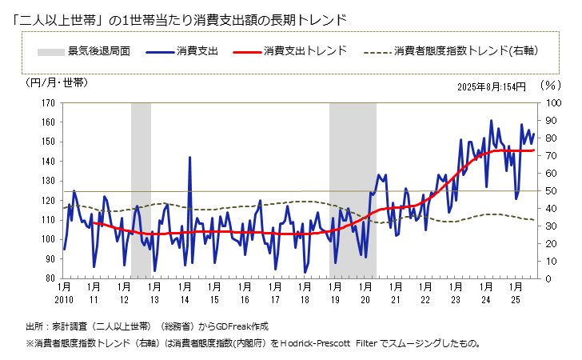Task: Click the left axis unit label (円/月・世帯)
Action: (x=57, y=82)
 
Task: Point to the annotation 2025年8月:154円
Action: (x=491, y=87)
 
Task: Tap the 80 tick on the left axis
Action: (x=49, y=278)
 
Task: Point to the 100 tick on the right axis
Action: (x=552, y=103)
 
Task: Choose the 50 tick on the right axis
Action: (x=549, y=190)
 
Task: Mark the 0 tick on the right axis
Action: (x=547, y=278)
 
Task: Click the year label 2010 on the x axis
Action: (x=64, y=300)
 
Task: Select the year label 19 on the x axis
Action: (x=334, y=300)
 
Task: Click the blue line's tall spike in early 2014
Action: (x=189, y=158)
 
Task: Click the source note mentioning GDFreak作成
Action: (x=147, y=326)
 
